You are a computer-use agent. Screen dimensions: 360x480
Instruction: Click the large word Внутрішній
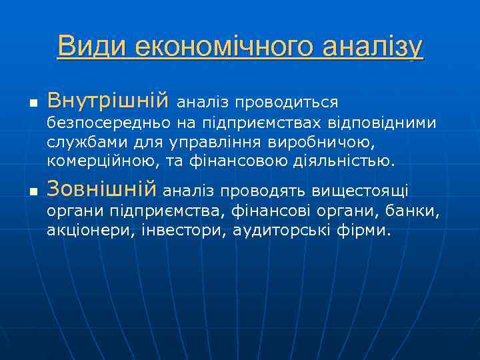point(108,101)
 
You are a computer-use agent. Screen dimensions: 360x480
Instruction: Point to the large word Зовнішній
point(101,189)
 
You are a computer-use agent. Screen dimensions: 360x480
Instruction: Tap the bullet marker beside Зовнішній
point(31,192)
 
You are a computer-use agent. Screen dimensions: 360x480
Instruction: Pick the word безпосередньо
point(111,124)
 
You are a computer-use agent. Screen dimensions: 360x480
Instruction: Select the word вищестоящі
point(367,191)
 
